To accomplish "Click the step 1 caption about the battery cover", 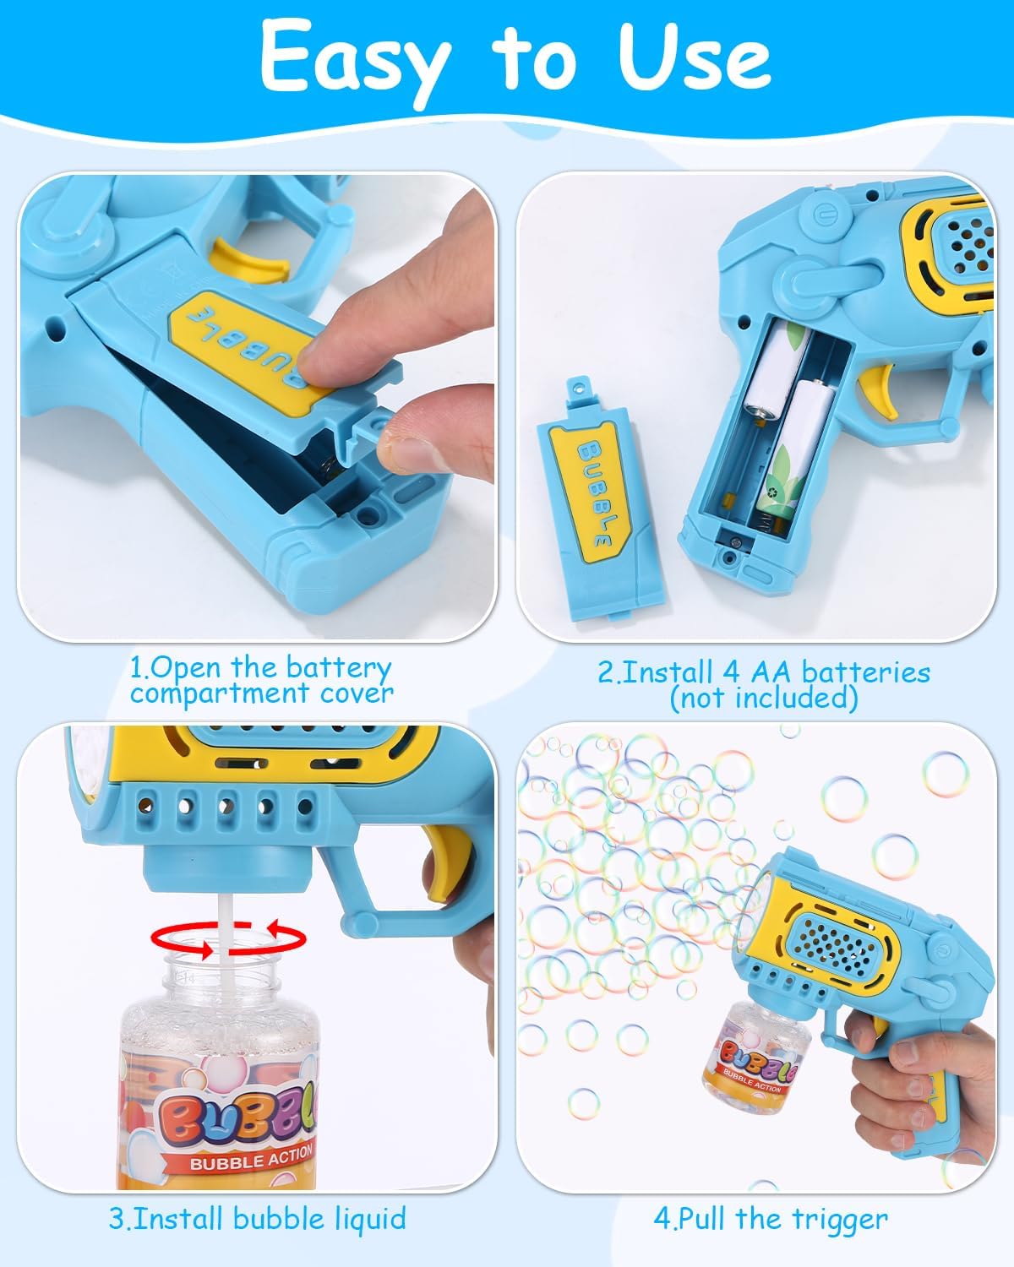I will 261,680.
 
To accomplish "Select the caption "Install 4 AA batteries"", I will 764,672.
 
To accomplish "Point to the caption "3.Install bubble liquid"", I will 257,1218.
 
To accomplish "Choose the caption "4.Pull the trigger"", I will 770,1218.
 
